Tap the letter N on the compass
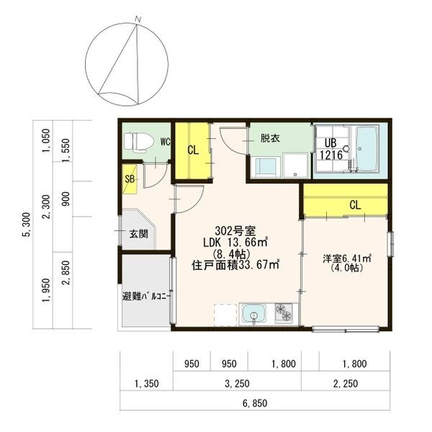(x=138, y=19)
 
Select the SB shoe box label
(x=130, y=179)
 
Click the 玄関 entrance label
(x=139, y=234)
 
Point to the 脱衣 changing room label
(x=270, y=138)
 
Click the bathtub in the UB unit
(x=367, y=149)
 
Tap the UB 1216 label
(x=331, y=149)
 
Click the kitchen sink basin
(x=253, y=315)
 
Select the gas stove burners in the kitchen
(x=284, y=313)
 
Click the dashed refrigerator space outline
(x=225, y=315)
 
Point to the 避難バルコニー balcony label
(x=147, y=297)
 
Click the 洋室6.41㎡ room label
(x=346, y=258)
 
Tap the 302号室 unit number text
(x=235, y=230)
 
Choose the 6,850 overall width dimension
(x=255, y=403)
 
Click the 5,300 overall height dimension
(x=27, y=225)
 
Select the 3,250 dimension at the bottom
(x=237, y=384)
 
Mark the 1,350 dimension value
(x=147, y=384)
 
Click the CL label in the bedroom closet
(x=355, y=204)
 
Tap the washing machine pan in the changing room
(x=296, y=165)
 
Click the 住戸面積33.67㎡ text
(x=235, y=265)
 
